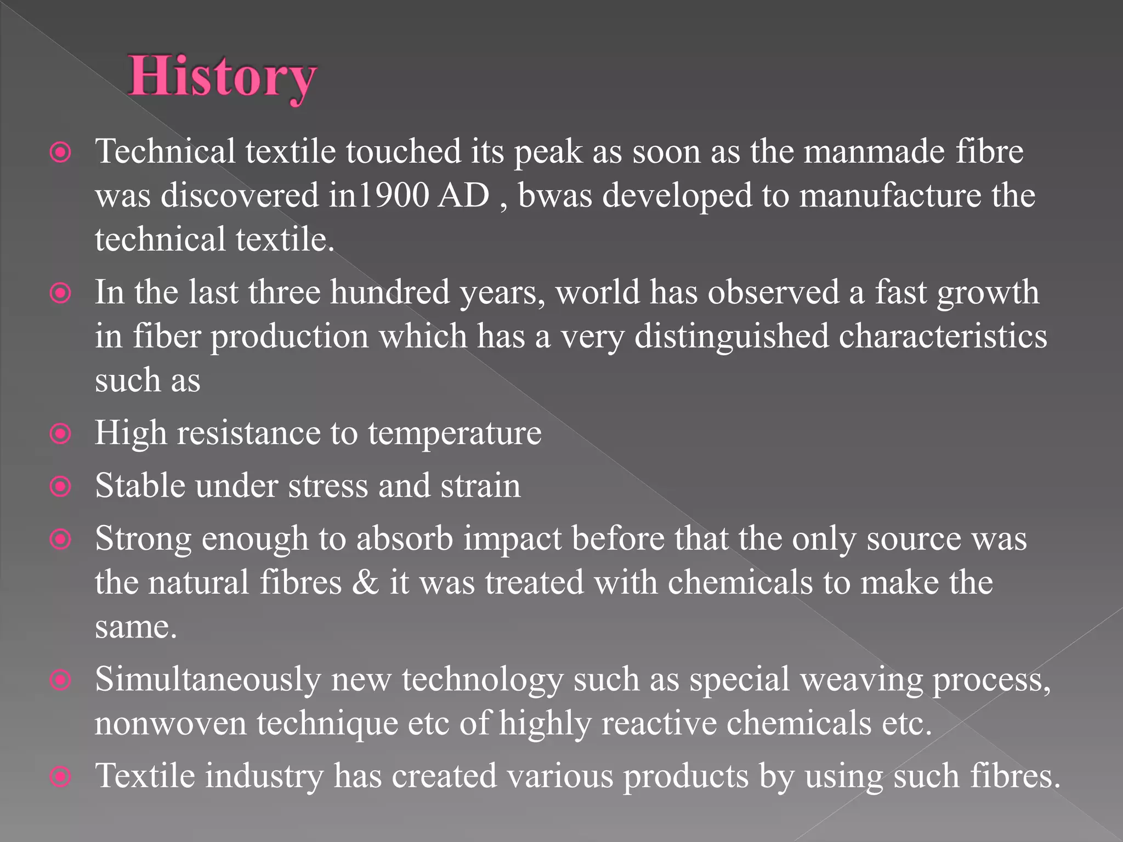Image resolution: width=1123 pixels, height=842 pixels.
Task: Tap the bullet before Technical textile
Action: pos(60,153)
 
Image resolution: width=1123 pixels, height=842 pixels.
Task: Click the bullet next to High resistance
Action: pos(60,435)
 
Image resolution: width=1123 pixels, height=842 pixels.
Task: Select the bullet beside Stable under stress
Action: pos(60,487)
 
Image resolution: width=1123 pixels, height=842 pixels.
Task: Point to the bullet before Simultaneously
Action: pos(60,680)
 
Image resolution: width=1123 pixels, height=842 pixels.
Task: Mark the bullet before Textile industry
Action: pos(60,777)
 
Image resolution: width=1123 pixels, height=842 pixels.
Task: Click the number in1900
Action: pos(378,196)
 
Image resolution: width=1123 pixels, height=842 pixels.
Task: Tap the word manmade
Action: pos(874,152)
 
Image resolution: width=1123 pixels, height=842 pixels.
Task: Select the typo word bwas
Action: pos(555,196)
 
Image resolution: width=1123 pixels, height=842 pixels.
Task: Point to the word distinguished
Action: pos(731,336)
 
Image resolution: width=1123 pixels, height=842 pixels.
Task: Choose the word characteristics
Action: pos(943,336)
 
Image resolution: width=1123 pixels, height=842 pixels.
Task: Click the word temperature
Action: pos(454,434)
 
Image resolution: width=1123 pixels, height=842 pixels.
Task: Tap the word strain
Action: pos(480,486)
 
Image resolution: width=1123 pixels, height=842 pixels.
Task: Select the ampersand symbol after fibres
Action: pos(365,582)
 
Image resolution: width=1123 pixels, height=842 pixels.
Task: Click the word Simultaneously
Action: pos(207,680)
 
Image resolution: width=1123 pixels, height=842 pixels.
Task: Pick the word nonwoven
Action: pos(171,724)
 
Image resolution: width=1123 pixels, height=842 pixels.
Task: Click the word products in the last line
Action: pos(685,777)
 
